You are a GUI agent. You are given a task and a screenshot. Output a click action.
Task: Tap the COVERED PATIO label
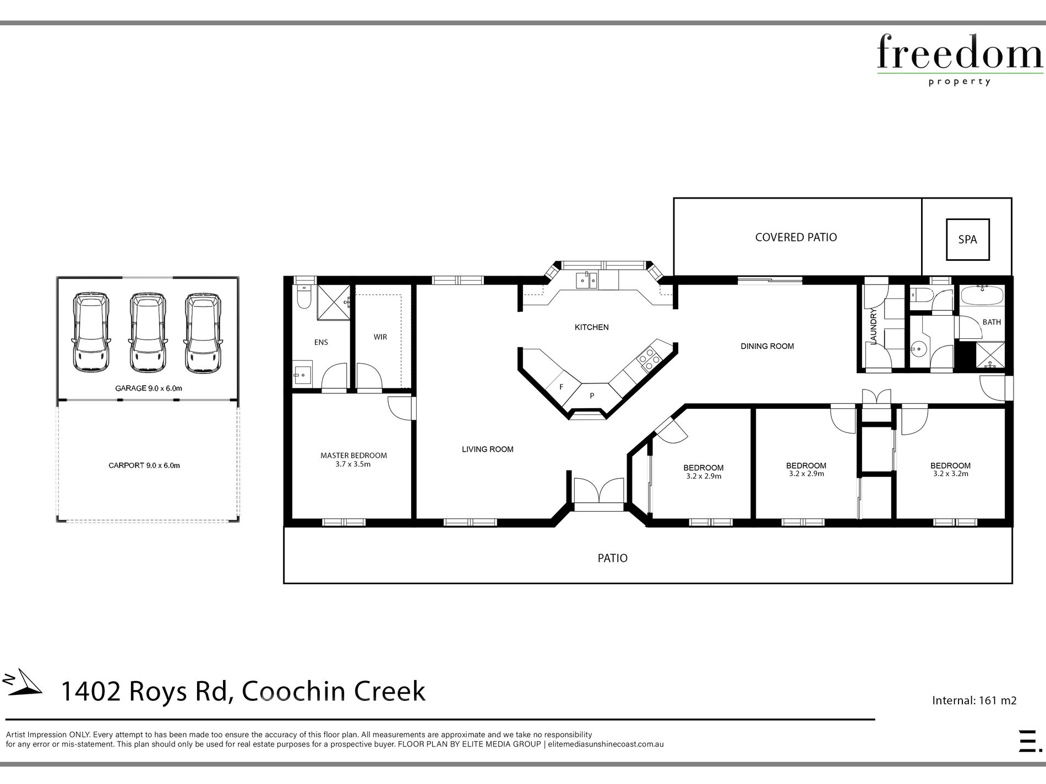pos(796,237)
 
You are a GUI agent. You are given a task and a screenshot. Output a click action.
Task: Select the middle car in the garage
pos(147,332)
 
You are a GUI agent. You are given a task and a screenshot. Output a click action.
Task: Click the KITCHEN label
pos(592,327)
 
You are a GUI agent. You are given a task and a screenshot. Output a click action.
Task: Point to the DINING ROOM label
pos(767,346)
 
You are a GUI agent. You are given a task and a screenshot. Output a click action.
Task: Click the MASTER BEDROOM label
pos(353,456)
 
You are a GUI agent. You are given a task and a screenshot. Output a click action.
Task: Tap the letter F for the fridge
pos(562,387)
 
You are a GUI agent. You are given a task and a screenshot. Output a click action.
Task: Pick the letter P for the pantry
pos(592,396)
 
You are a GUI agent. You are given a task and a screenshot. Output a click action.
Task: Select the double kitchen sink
pos(587,281)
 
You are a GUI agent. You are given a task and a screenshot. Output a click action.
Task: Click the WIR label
pos(380,337)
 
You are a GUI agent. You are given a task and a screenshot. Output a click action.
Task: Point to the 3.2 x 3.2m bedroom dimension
pos(951,474)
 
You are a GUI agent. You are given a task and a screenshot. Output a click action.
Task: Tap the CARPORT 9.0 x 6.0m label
pos(144,465)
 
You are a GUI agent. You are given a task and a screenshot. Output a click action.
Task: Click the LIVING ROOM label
pos(488,449)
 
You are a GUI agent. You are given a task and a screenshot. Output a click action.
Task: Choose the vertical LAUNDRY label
pos(874,327)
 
